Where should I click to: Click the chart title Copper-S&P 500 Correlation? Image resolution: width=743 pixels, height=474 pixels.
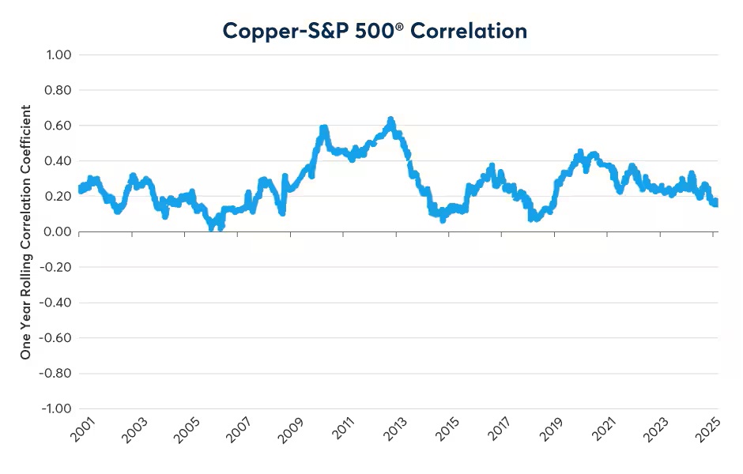point(375,30)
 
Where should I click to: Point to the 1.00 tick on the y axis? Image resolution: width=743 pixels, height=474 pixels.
point(58,55)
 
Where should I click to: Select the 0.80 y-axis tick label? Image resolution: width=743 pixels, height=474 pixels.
point(58,91)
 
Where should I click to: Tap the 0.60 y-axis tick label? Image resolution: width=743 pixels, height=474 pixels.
point(58,126)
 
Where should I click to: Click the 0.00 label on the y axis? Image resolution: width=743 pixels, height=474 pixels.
point(58,231)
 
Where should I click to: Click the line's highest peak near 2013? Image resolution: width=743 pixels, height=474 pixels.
point(390,121)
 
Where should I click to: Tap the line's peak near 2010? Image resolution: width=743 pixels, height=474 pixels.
point(323,128)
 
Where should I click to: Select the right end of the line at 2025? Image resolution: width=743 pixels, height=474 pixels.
point(715,203)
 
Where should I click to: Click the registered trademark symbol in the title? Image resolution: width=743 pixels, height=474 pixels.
point(455,25)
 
